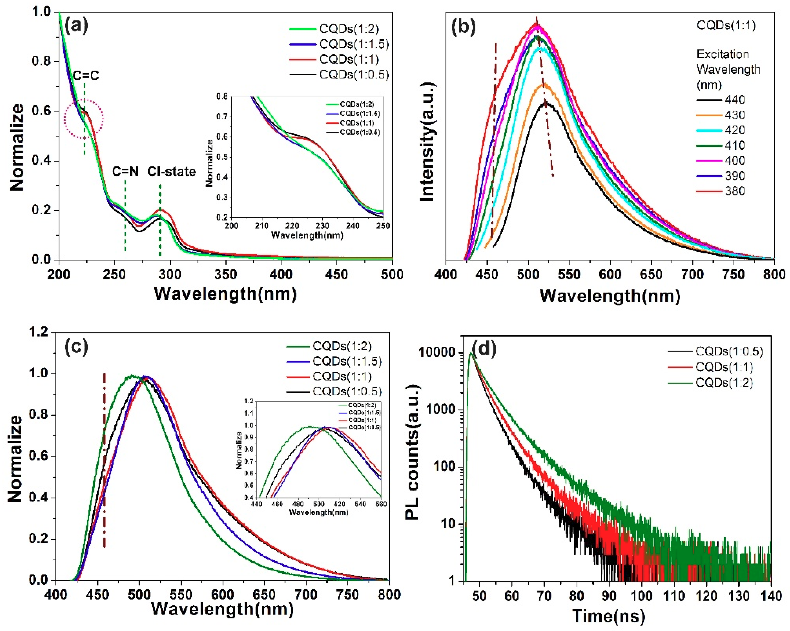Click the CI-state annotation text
click(x=172, y=171)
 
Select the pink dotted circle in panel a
click(x=84, y=118)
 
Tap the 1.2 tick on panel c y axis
click(x=40, y=332)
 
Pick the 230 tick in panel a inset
click(x=323, y=226)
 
